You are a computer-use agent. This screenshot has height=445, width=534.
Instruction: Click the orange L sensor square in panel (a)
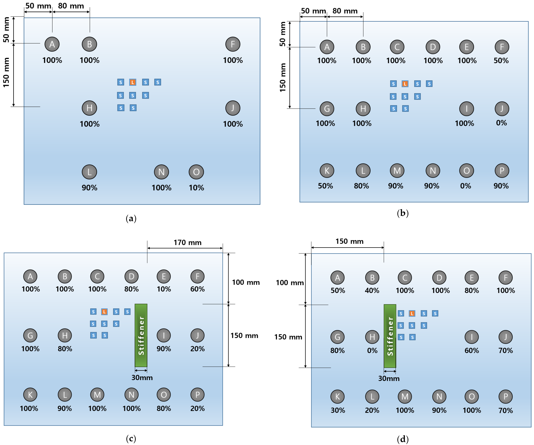pyautogui.click(x=133, y=82)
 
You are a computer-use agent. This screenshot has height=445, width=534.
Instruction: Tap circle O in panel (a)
pyautogui.click(x=196, y=172)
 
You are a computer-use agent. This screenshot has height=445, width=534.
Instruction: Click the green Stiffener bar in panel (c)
pyautogui.click(x=141, y=335)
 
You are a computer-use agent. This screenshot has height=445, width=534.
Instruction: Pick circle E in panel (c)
pyautogui.click(x=164, y=276)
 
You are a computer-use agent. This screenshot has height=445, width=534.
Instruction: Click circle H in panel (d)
pyautogui.click(x=372, y=337)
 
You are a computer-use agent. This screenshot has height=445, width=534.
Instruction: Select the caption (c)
pyautogui.click(x=131, y=438)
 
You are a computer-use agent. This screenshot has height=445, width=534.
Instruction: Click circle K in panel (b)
pyautogui.click(x=327, y=171)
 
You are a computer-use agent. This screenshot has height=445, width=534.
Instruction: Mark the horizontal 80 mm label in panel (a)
pyautogui.click(x=71, y=6)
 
